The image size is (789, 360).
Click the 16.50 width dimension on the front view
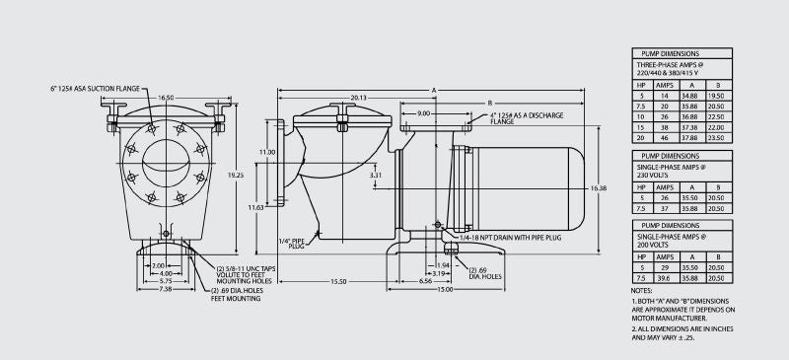point(164,99)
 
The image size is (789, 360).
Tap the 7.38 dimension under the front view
point(165,290)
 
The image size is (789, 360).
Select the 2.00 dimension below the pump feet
point(158,266)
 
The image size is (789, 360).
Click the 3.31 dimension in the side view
point(376,175)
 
